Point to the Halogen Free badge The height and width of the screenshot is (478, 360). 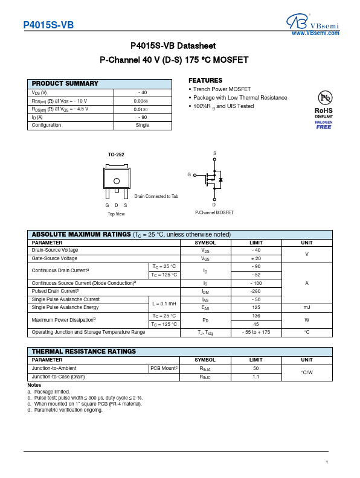coord(324,124)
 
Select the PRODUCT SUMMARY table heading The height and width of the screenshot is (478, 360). coord(65,84)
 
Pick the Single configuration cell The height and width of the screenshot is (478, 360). coord(142,126)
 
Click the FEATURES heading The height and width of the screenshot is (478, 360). coord(205,80)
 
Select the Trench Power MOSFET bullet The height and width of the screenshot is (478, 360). coord(222,89)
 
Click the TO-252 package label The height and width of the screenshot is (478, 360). coord(116,155)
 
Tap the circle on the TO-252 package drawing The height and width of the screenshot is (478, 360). coord(117,180)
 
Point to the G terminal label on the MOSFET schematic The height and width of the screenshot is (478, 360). coord(189,174)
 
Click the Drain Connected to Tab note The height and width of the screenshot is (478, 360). coord(156,196)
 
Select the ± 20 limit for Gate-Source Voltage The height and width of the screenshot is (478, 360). coord(256,258)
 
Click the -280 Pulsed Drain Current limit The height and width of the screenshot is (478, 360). coord(256,291)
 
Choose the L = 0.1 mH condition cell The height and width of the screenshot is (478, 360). coord(164,304)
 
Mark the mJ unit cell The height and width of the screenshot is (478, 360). coord(306,307)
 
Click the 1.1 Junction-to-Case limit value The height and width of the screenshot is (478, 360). coord(256,377)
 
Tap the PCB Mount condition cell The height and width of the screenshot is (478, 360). coord(164,368)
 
